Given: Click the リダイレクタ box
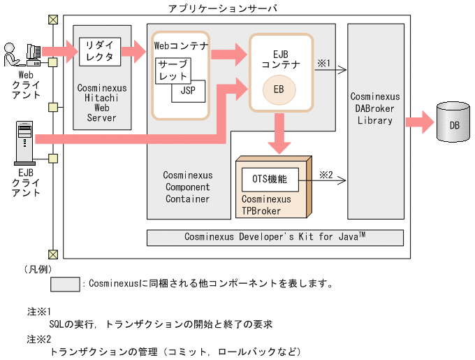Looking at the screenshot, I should point(99,52).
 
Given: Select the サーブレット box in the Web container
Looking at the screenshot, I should point(172,70).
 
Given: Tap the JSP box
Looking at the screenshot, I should point(189,91).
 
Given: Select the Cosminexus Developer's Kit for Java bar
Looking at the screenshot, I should point(275,238).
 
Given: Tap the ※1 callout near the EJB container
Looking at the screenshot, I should point(323,63).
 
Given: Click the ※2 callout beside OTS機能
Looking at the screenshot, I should point(326,174).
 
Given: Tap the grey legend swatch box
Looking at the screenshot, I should point(65,285).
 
